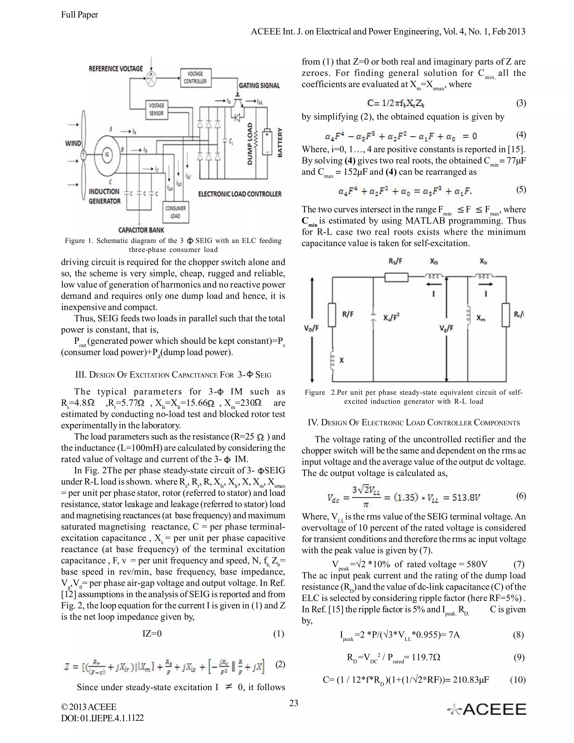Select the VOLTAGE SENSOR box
coord(156,110)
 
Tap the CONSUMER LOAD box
coord(175,212)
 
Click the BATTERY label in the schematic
coord(280,142)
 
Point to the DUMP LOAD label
coord(250,144)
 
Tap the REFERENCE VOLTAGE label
coord(116,69)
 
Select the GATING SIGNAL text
coord(259,86)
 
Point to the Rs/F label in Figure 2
coord(395,262)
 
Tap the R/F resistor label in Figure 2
coord(348,314)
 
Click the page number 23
coord(293,703)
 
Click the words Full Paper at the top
coord(80,15)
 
